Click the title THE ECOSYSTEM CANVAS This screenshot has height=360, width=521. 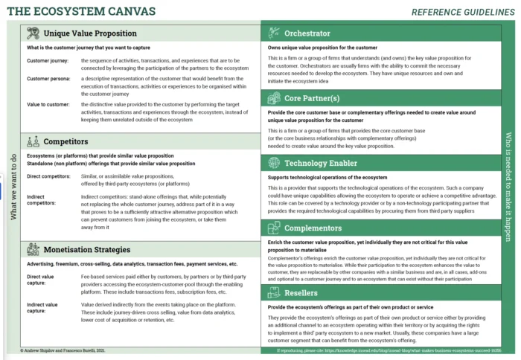point(82,11)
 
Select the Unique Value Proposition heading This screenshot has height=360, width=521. point(90,33)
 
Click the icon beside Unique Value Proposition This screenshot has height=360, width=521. point(33,33)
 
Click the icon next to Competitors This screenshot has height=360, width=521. point(33,141)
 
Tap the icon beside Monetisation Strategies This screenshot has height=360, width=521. point(33,250)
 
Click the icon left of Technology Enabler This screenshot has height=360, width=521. point(273,163)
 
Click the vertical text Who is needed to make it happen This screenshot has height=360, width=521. point(508,186)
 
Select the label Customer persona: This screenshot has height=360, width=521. point(50,78)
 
